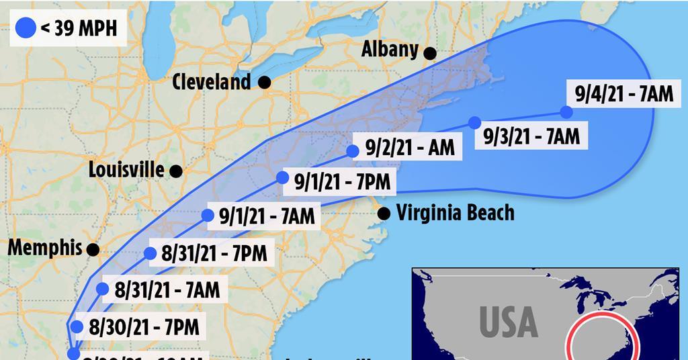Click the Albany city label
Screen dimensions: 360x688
click(390, 50)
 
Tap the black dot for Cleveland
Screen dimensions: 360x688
click(265, 83)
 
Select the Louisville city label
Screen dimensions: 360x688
click(126, 169)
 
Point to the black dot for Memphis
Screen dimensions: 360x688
click(93, 249)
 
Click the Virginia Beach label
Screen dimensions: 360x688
click(455, 213)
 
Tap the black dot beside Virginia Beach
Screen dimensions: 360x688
click(384, 214)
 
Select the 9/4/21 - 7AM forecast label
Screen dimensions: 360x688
click(624, 93)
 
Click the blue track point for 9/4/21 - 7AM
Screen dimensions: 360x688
click(566, 112)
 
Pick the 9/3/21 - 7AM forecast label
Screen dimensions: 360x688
click(531, 136)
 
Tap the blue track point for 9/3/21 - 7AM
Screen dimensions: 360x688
click(474, 123)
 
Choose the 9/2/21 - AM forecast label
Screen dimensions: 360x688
click(410, 147)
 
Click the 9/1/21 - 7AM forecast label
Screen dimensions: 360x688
click(267, 217)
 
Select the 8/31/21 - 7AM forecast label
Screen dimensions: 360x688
click(167, 291)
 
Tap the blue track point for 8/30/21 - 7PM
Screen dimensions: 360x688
click(77, 327)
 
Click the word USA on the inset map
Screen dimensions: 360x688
click(509, 322)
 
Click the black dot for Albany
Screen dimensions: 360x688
click(429, 52)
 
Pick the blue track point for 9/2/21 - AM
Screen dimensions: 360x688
click(353, 151)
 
